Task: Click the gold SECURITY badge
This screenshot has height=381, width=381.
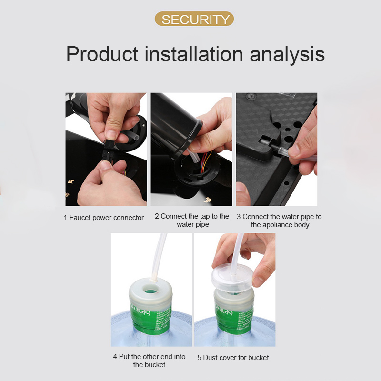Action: pos(194,19)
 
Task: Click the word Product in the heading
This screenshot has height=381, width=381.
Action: pos(102,54)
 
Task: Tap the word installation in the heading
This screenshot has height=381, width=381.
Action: pos(194,54)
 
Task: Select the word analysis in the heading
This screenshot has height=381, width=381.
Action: pos(287,55)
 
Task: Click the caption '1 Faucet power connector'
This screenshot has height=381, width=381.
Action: pos(104,218)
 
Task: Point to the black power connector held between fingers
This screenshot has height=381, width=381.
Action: pos(108,150)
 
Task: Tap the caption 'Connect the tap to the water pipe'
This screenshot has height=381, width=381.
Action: pos(192,220)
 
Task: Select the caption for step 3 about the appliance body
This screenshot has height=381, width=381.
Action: pos(279,221)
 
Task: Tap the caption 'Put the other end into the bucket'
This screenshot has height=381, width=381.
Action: pos(149,361)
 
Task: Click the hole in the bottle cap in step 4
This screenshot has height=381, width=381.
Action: pos(150,289)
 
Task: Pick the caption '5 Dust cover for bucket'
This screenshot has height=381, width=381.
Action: pos(233,358)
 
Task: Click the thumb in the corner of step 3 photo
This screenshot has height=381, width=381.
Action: pos(243,194)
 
